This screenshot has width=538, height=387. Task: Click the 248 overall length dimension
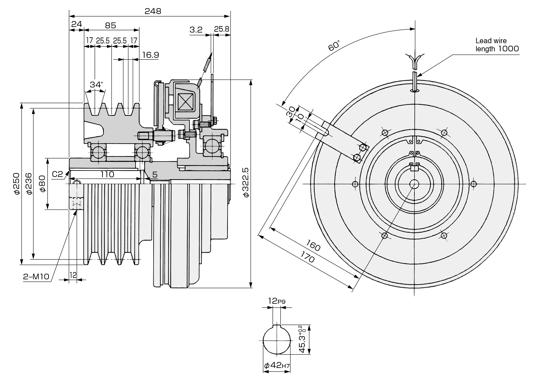click(x=153, y=11)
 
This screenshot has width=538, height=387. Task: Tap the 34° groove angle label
click(x=96, y=84)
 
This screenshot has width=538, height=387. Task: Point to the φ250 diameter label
click(x=17, y=183)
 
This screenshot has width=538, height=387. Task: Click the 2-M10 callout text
click(x=36, y=277)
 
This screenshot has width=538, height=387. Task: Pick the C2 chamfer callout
click(x=58, y=174)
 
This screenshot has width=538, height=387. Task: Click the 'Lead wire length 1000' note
click(x=497, y=45)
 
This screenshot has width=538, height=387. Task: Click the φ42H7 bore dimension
click(x=277, y=365)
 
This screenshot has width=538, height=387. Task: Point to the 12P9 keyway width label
click(x=277, y=301)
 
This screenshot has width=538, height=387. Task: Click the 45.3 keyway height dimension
click(x=302, y=340)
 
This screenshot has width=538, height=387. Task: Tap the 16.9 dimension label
click(x=150, y=55)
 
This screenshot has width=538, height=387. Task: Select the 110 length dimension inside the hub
click(x=107, y=174)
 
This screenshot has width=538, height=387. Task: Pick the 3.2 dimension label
click(x=196, y=30)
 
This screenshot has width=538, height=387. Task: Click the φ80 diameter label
click(x=42, y=184)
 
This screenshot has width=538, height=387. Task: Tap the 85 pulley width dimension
click(x=111, y=26)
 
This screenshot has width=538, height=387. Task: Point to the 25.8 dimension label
click(x=221, y=29)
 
